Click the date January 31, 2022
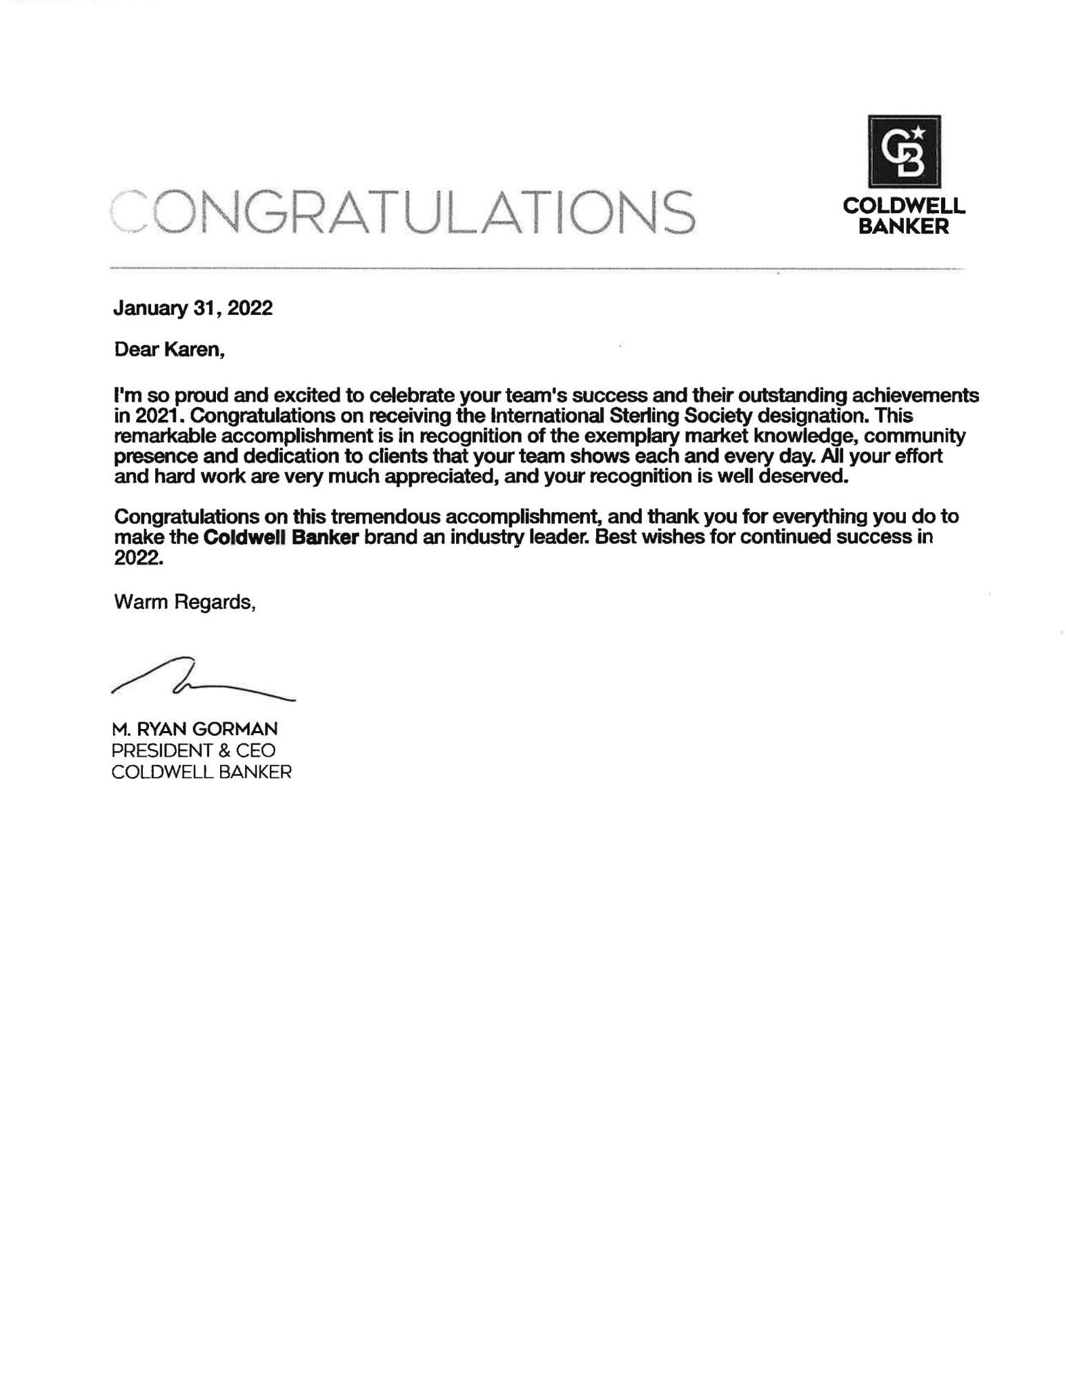coord(193,308)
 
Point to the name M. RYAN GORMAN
coord(195,728)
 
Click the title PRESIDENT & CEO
coord(194,750)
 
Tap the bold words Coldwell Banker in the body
coord(281,537)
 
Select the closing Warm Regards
coord(185,602)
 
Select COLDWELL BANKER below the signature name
coord(201,772)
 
